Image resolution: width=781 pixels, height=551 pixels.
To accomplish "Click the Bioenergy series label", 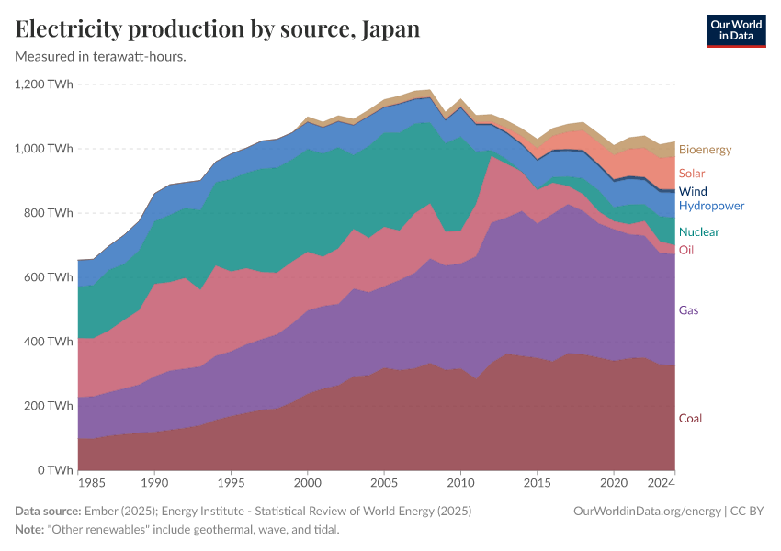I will pyautogui.click(x=705, y=150).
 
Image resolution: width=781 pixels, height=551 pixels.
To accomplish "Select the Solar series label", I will pyautogui.click(x=692, y=174).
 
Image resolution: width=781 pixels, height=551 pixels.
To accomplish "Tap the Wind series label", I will pyautogui.click(x=693, y=191).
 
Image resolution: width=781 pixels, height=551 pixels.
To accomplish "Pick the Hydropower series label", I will pyautogui.click(x=711, y=206).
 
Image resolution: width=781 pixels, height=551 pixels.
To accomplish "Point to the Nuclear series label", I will pyautogui.click(x=699, y=232).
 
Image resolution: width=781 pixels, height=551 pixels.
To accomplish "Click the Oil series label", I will pyautogui.click(x=686, y=250).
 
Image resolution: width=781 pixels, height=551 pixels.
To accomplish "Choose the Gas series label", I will pyautogui.click(x=688, y=310).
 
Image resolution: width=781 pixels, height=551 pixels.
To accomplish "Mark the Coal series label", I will pyautogui.click(x=690, y=419).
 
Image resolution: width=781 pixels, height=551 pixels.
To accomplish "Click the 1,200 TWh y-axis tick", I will pyautogui.click(x=44, y=84).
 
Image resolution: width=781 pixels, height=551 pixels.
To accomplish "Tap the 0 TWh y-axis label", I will pyautogui.click(x=56, y=470).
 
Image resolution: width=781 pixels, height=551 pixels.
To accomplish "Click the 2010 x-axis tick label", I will pyautogui.click(x=460, y=482).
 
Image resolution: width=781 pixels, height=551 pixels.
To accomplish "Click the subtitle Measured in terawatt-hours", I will pyautogui.click(x=101, y=57).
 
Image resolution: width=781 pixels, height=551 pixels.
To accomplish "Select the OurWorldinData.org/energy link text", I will pyautogui.click(x=646, y=511).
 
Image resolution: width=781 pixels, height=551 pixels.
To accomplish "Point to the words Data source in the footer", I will pyautogui.click(x=48, y=511).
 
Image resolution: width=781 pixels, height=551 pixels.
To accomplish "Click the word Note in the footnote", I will pyautogui.click(x=30, y=530).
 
